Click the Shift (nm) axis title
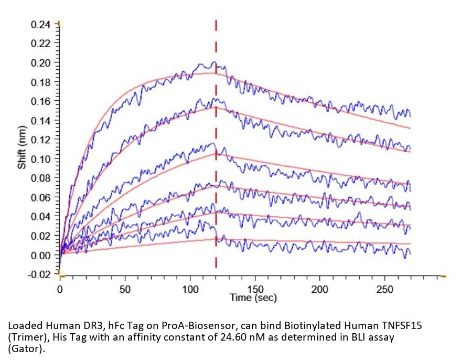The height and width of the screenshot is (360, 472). tap(22, 147)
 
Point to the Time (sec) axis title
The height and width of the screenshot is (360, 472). tap(253, 298)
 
